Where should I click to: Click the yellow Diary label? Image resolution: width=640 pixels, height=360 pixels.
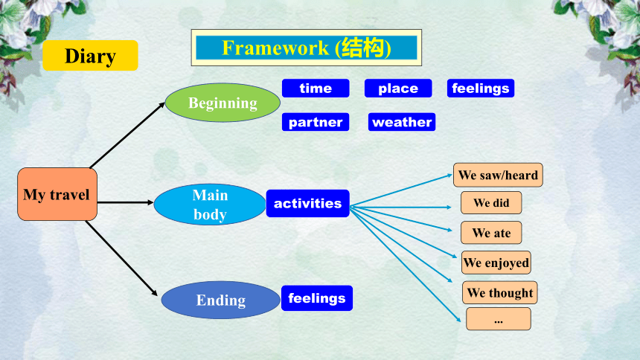(x=90, y=56)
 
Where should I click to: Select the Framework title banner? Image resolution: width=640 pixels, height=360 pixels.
(x=306, y=48)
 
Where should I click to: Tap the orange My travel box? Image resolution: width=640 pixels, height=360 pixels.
(x=57, y=194)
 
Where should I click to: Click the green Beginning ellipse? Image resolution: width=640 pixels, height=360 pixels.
(x=223, y=103)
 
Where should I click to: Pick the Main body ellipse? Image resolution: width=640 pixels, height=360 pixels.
(x=210, y=204)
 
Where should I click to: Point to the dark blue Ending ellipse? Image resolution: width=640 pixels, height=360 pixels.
(x=221, y=300)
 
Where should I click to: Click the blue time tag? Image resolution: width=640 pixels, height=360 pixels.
(x=316, y=89)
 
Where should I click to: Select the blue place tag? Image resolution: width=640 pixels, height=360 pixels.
(x=398, y=89)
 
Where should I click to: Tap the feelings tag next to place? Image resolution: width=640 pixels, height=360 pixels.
(x=481, y=89)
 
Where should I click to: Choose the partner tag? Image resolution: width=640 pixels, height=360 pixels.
(x=316, y=122)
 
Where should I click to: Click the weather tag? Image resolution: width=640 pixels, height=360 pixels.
(x=402, y=122)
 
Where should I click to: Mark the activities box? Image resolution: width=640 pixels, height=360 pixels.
(x=308, y=203)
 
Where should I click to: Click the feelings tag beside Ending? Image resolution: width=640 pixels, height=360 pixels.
(x=317, y=298)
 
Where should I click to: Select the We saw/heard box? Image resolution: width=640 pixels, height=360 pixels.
(x=498, y=175)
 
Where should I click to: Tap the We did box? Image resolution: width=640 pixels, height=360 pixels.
(x=491, y=202)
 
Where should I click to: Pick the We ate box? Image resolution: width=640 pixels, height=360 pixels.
(x=491, y=233)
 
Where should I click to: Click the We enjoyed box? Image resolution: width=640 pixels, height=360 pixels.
(x=496, y=263)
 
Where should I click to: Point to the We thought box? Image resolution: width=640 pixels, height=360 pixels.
(x=499, y=292)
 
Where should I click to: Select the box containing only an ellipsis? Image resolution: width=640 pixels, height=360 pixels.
(x=499, y=319)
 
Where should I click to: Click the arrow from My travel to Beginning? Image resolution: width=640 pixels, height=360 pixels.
(x=127, y=135)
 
